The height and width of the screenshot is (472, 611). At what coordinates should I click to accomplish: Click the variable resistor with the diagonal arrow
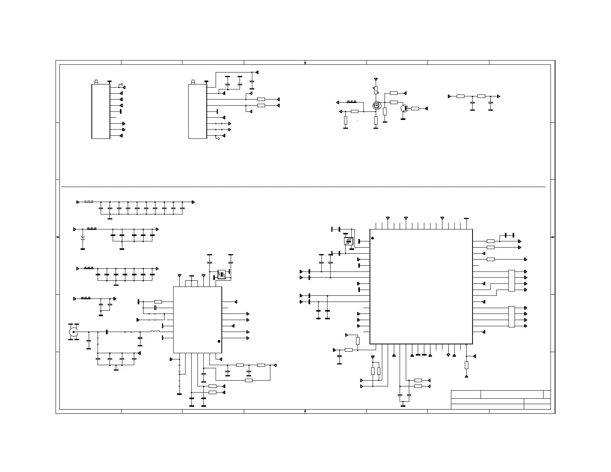(376, 90)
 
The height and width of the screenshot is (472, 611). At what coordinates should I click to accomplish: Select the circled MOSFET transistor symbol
(376, 105)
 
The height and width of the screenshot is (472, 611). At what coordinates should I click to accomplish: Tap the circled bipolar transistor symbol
(404, 109)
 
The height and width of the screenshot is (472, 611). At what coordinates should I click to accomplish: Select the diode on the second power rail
(83, 238)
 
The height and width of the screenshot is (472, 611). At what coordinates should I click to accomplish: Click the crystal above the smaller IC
(222, 275)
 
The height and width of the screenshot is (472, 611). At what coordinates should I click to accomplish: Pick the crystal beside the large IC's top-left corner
(348, 241)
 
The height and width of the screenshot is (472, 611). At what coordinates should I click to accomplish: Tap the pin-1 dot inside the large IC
(373, 238)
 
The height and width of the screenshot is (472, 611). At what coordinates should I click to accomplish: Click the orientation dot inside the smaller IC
(219, 341)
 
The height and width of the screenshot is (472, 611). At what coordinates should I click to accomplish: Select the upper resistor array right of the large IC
(511, 281)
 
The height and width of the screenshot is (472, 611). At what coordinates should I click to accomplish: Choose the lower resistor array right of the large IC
(511, 317)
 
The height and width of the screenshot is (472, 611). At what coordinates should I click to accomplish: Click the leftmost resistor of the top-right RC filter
(461, 96)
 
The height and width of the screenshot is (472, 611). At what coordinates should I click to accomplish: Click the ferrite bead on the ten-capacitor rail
(89, 201)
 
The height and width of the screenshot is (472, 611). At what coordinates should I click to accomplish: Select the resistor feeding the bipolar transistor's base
(415, 109)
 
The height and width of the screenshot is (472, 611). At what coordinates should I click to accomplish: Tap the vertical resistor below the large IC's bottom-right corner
(466, 365)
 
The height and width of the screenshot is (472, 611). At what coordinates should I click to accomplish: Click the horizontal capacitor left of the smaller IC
(155, 308)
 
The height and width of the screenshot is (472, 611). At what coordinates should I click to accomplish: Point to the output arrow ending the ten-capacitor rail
(193, 202)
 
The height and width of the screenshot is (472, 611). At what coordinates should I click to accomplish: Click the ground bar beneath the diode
(83, 249)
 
